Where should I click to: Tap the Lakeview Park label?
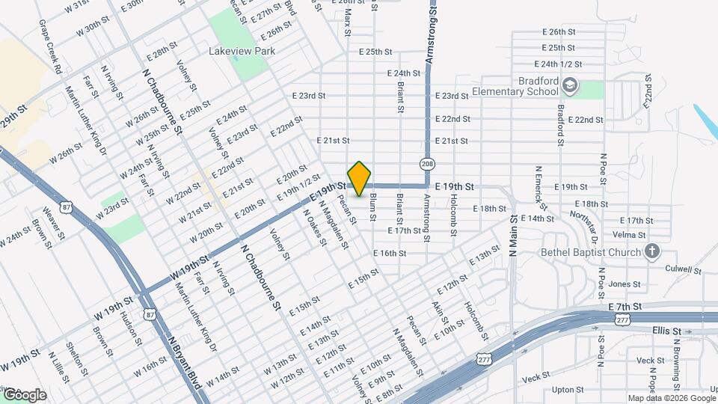(x=242, y=52)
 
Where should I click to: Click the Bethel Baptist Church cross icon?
(x=652, y=251)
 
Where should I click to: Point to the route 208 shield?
(x=426, y=164)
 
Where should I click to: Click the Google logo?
(x=24, y=394)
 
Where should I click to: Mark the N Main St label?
(x=513, y=236)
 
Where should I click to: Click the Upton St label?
(x=568, y=390)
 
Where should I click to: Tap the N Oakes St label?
(x=315, y=224)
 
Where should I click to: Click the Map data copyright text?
(x=671, y=398)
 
